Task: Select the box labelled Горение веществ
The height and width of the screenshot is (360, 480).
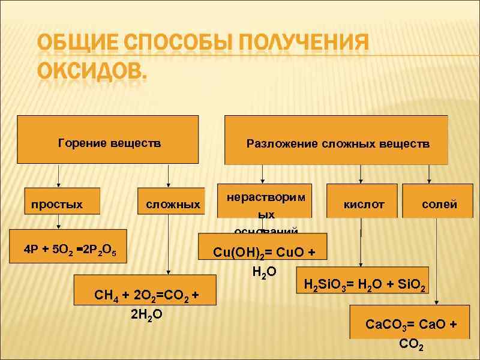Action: [x=109, y=143]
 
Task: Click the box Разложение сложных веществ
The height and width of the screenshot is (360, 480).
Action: [x=338, y=144]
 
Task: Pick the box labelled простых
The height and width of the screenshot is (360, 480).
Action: [x=57, y=205]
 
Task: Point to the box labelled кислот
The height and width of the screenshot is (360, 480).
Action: [x=363, y=205]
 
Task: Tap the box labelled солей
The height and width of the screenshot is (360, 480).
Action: [x=439, y=205]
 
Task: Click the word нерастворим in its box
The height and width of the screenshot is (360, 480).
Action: [x=266, y=197]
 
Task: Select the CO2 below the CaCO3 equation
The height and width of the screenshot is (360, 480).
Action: [x=412, y=346]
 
